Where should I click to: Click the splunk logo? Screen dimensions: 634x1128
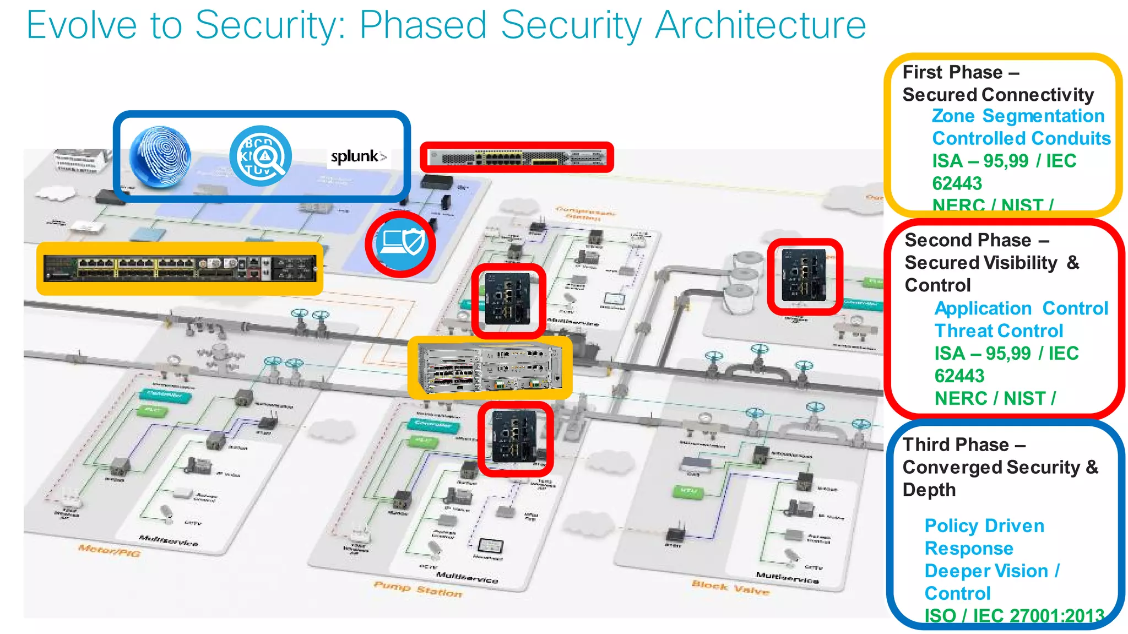point(358,157)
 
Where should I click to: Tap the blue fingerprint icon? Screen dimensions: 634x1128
point(160,157)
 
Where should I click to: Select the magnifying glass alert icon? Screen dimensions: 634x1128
point(261,156)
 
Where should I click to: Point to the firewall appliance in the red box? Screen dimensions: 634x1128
point(517,158)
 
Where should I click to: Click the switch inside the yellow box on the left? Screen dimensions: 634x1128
point(180,268)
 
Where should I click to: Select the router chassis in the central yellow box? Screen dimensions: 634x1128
point(489,367)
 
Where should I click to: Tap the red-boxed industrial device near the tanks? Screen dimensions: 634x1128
point(805,275)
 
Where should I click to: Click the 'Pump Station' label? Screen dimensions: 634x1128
point(417,589)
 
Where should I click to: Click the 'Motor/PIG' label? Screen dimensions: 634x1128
point(109,549)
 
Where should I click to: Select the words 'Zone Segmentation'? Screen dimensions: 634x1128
point(1018,116)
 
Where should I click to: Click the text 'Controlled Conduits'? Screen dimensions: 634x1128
point(1021,138)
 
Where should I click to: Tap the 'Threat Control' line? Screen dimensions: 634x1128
point(999,331)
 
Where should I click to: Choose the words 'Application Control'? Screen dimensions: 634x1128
point(1021,308)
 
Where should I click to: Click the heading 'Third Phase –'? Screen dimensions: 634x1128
point(964,445)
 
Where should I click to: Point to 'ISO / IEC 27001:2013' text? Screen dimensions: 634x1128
point(1014,615)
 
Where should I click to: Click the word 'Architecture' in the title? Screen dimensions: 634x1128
point(761,25)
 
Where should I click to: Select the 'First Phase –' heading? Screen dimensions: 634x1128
point(961,72)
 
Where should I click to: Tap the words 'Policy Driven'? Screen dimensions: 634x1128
point(984,526)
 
